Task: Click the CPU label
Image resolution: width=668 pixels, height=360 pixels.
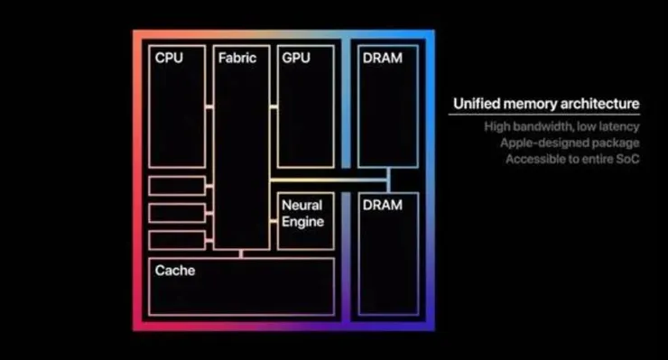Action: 169,58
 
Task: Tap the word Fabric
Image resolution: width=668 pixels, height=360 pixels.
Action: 237,58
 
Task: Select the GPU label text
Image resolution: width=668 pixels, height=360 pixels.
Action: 296,58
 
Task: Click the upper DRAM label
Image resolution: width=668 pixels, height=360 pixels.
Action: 382,58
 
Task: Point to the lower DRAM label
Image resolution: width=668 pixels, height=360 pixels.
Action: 382,205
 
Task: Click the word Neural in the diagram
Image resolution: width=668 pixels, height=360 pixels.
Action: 302,205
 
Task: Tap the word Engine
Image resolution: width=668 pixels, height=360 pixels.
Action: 302,222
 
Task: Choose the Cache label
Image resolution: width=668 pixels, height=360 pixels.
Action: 174,270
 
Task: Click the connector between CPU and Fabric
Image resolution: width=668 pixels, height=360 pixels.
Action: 209,107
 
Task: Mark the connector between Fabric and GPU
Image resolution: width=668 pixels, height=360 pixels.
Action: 274,107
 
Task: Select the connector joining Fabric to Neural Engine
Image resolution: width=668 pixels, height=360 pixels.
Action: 274,221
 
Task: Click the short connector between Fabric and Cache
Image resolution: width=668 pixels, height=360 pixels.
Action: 241,254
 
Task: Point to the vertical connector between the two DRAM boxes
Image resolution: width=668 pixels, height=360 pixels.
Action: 388,180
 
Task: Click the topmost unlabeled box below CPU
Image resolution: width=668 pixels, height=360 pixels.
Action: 177,186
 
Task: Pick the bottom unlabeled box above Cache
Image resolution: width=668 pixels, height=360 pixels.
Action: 177,240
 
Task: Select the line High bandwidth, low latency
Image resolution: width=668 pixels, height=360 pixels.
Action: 561,126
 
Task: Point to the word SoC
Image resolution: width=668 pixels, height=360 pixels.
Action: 628,159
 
